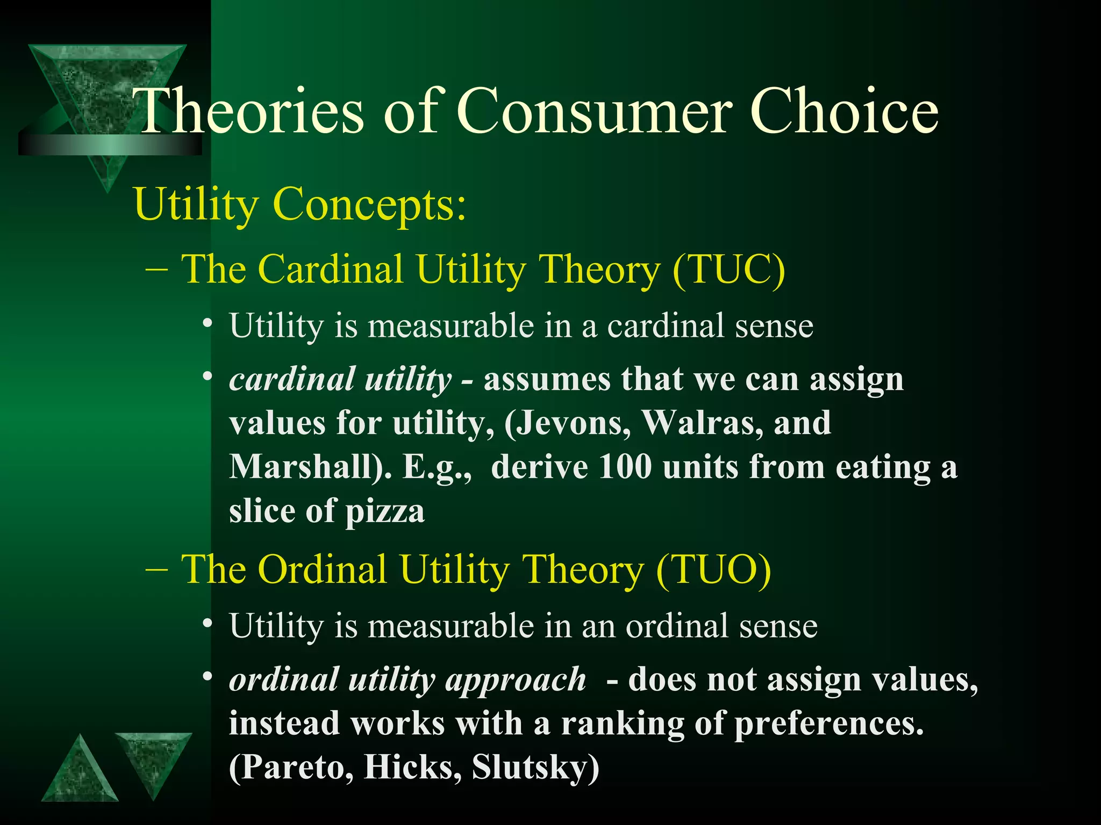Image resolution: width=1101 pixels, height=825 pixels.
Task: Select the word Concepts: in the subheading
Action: tap(370, 205)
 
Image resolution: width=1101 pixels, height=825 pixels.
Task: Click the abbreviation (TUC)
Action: tap(728, 269)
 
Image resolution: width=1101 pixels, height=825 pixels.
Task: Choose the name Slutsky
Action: tap(535, 768)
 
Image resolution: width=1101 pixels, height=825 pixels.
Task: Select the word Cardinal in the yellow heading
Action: tap(331, 269)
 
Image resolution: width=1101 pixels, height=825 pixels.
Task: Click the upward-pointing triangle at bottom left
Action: tap(80, 773)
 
